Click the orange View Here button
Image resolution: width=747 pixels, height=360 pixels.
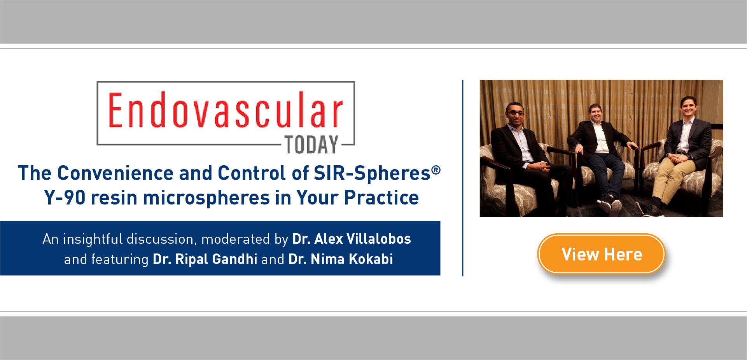(x=601, y=254)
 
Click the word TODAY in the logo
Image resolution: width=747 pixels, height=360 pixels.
(x=311, y=145)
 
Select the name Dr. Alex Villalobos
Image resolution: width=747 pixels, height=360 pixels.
(x=352, y=239)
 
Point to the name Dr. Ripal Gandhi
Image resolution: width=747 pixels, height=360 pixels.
(x=205, y=259)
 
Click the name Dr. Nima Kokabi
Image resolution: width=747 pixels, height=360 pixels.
(x=341, y=259)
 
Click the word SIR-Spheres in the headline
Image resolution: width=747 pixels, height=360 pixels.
(x=372, y=173)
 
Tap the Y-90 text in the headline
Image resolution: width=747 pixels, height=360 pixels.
(x=65, y=197)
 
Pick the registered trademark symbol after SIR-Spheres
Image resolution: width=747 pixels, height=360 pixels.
(x=436, y=170)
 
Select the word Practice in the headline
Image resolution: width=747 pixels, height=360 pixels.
(x=381, y=197)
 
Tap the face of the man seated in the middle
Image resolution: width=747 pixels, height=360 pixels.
(x=596, y=114)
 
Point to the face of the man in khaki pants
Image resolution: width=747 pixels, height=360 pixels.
(x=688, y=109)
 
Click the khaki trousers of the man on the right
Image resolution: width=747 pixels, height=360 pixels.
(x=673, y=175)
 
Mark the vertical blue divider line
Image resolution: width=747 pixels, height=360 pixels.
(x=463, y=178)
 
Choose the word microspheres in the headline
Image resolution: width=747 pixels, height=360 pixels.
(x=206, y=197)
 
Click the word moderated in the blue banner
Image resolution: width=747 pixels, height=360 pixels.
(x=236, y=239)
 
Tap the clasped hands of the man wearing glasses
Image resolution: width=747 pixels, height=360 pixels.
(x=541, y=166)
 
